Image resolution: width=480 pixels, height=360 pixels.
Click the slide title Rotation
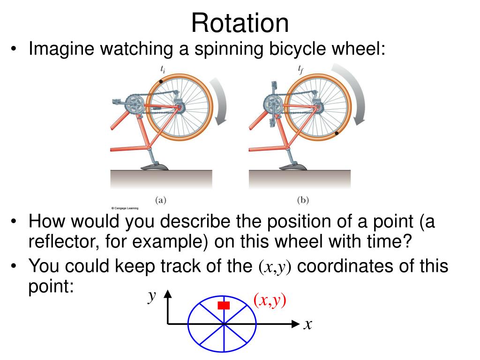240,22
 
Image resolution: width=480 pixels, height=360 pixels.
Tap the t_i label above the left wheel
162,70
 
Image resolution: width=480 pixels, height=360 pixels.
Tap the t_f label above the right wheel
301,70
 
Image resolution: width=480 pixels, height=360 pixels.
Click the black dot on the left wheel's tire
161,82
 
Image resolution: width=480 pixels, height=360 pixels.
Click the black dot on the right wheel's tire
337,134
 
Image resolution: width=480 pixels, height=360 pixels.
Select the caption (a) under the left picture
161,199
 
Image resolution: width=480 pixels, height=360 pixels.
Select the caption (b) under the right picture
303,199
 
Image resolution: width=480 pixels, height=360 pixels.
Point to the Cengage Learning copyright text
125,207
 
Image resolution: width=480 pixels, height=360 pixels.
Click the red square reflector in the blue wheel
224,306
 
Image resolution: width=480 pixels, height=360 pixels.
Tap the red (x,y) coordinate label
270,300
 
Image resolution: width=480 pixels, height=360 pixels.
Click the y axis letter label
151,296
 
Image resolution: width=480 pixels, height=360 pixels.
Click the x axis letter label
307,324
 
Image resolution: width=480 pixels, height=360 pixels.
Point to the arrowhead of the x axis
295,323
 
